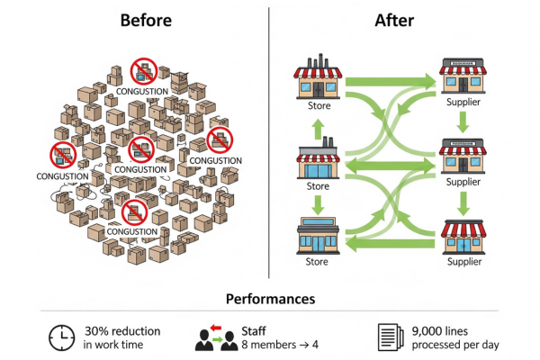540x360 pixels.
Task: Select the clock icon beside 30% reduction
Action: [x=60, y=337]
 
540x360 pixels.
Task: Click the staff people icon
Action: [x=216, y=336]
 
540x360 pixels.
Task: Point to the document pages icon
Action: [x=389, y=337]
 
